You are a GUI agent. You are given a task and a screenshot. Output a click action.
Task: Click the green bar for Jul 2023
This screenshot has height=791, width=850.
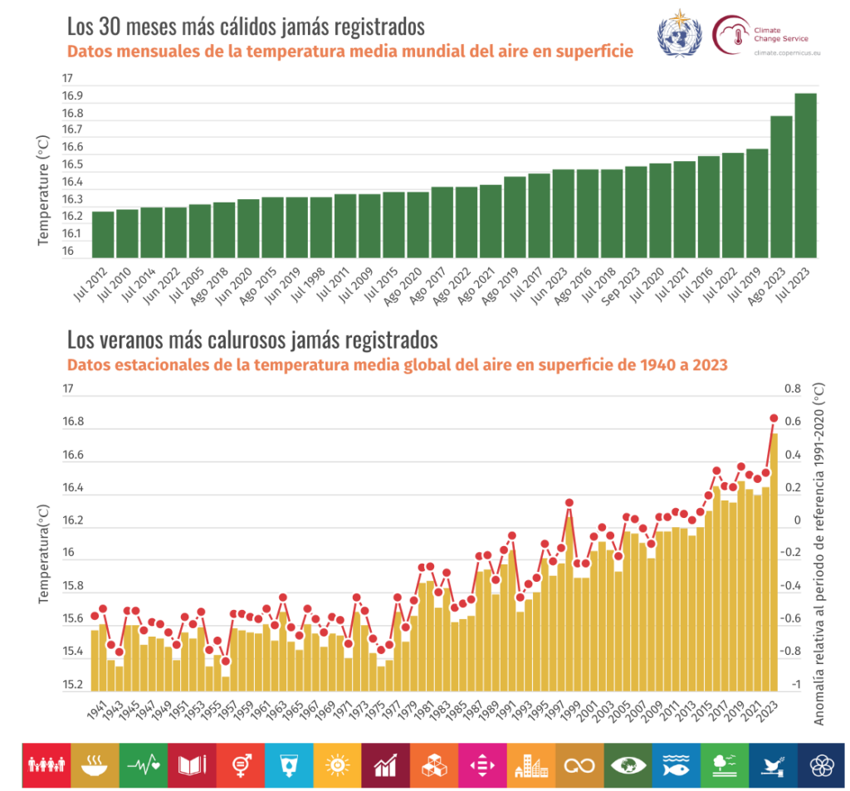(x=805, y=176)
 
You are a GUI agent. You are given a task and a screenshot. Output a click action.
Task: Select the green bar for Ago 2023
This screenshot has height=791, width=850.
(x=781, y=188)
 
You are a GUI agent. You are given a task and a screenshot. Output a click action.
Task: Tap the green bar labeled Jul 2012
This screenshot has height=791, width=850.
(x=103, y=235)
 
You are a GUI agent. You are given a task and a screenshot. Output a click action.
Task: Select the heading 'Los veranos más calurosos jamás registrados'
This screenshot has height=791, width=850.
(x=252, y=339)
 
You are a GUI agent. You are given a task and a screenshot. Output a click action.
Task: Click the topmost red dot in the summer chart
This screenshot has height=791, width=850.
(x=774, y=418)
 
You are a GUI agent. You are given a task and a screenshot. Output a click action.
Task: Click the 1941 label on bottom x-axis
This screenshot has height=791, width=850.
(x=95, y=710)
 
